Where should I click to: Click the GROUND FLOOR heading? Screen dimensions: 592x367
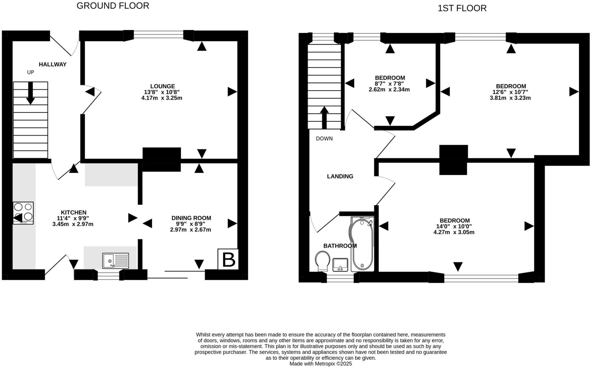113,6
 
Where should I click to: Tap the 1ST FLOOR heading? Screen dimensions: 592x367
462,8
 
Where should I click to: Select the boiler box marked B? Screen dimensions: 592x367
228,259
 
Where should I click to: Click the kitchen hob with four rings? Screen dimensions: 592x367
23,213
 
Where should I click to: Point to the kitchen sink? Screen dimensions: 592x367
116,261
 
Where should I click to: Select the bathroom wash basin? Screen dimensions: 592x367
340,264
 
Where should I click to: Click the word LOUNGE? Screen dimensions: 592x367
162,86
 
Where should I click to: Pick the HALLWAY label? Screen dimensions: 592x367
53,64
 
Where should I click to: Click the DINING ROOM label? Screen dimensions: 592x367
191,218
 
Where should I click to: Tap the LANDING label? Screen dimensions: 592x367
340,176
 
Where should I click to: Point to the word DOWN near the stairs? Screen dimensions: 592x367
324,139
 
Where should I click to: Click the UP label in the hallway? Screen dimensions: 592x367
30,72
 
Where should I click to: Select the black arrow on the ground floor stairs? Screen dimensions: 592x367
30,93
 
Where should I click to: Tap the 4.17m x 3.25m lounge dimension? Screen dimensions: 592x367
162,98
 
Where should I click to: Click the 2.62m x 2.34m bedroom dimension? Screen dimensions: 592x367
389,90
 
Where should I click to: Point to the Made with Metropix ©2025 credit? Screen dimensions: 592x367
321,364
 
